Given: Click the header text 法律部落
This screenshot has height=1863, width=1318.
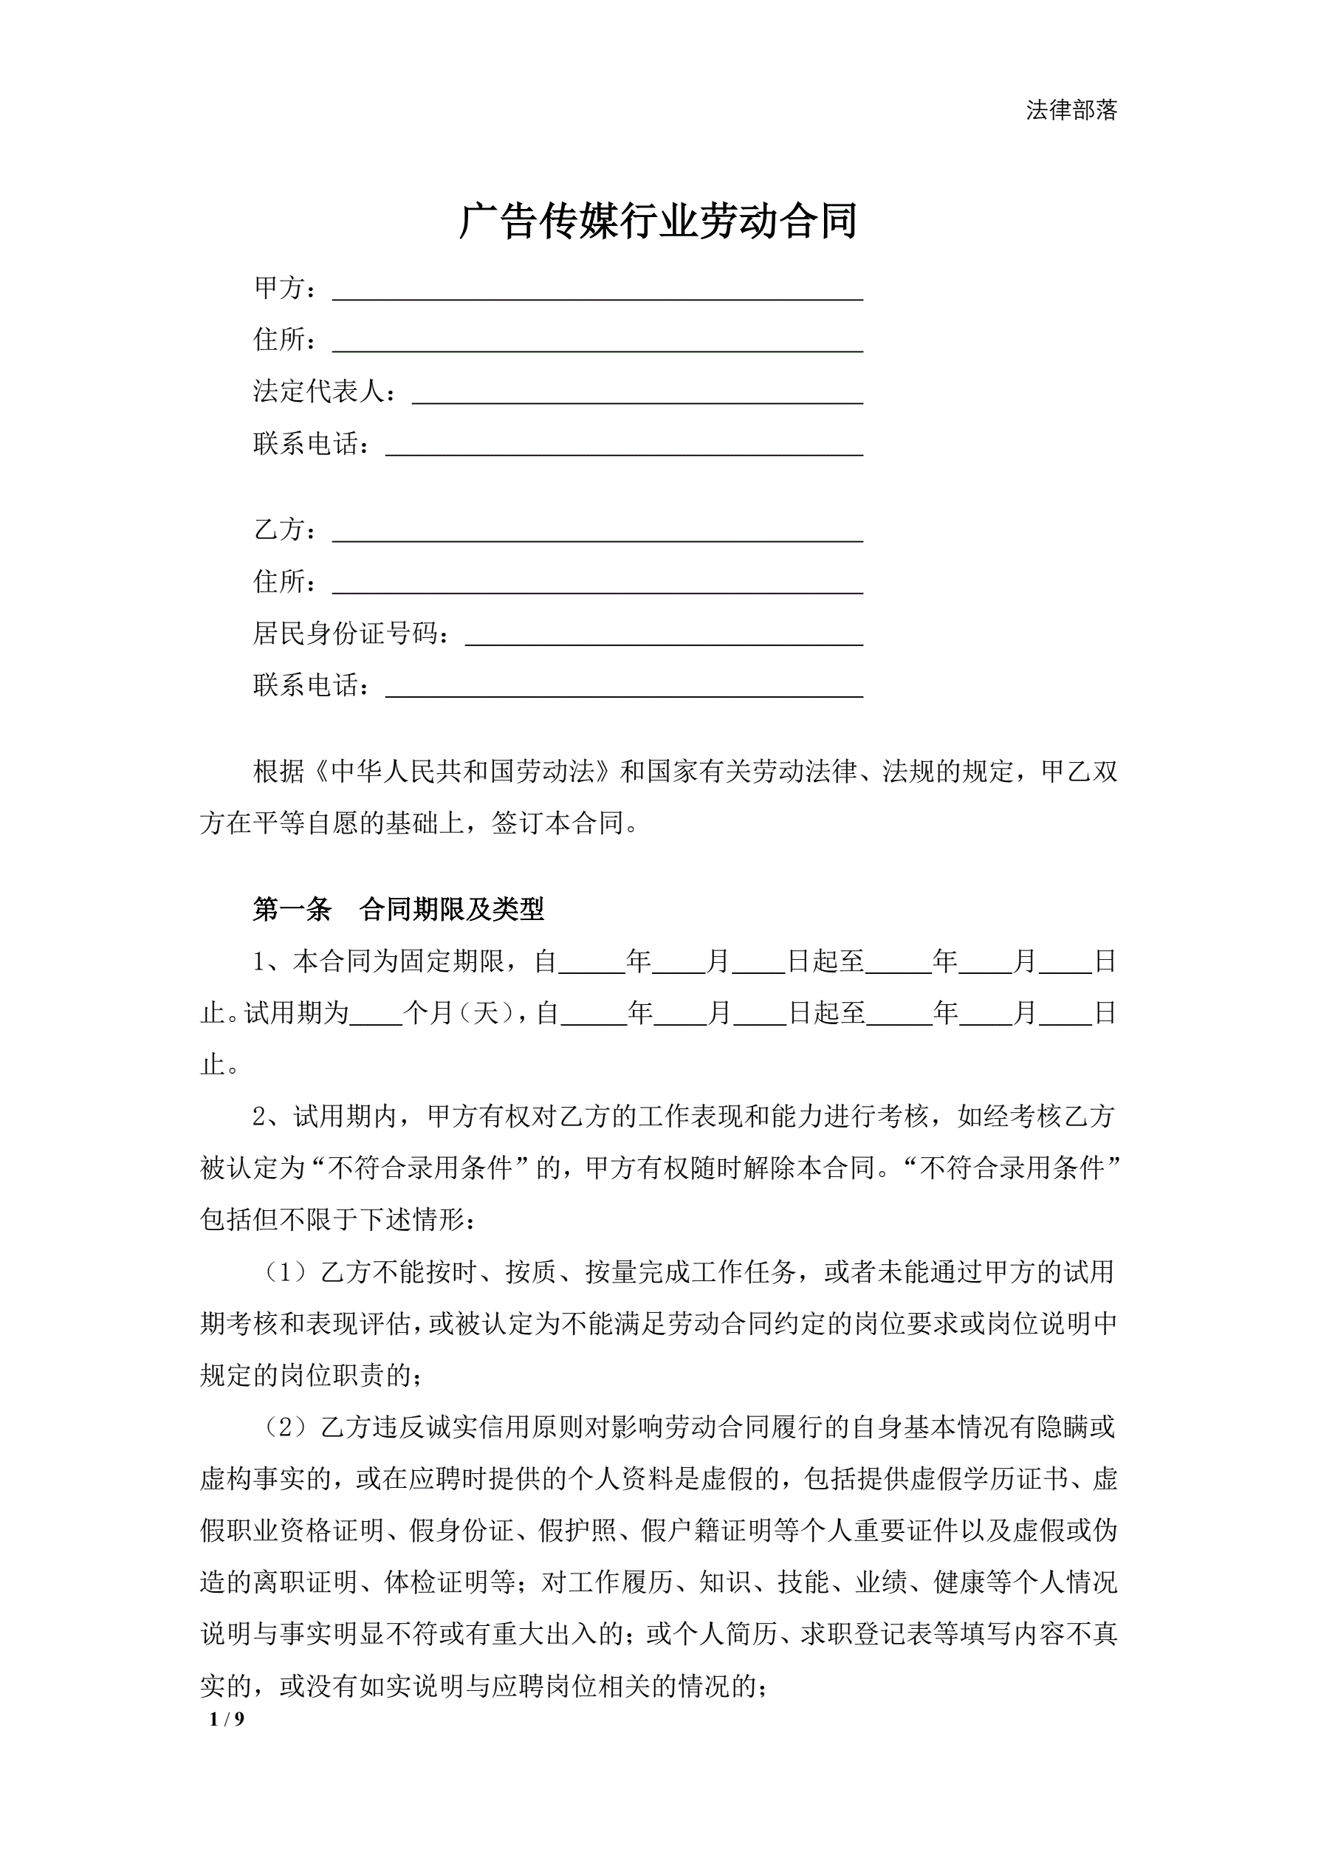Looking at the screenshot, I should coord(1071,110).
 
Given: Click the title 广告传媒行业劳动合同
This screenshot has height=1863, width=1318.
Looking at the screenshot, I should coord(658,222).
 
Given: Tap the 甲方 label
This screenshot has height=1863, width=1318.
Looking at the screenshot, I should coord(279,287).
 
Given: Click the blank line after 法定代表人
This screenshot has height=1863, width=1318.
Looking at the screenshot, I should coord(637,393).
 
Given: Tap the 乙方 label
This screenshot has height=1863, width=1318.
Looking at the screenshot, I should coord(279,530).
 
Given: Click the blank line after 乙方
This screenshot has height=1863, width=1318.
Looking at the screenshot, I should coord(597,532).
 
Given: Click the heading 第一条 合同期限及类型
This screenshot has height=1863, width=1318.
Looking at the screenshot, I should coord(398,910).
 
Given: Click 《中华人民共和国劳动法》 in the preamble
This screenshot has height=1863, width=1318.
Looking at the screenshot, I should coord(464,772).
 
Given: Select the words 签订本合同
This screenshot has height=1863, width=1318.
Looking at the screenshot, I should coord(557,823).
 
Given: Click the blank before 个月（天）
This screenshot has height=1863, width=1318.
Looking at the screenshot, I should coord(376,1015).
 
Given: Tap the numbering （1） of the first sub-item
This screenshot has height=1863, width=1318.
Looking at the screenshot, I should coord(285,1272).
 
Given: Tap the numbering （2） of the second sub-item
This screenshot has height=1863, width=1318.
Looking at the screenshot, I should coord(285,1427).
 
